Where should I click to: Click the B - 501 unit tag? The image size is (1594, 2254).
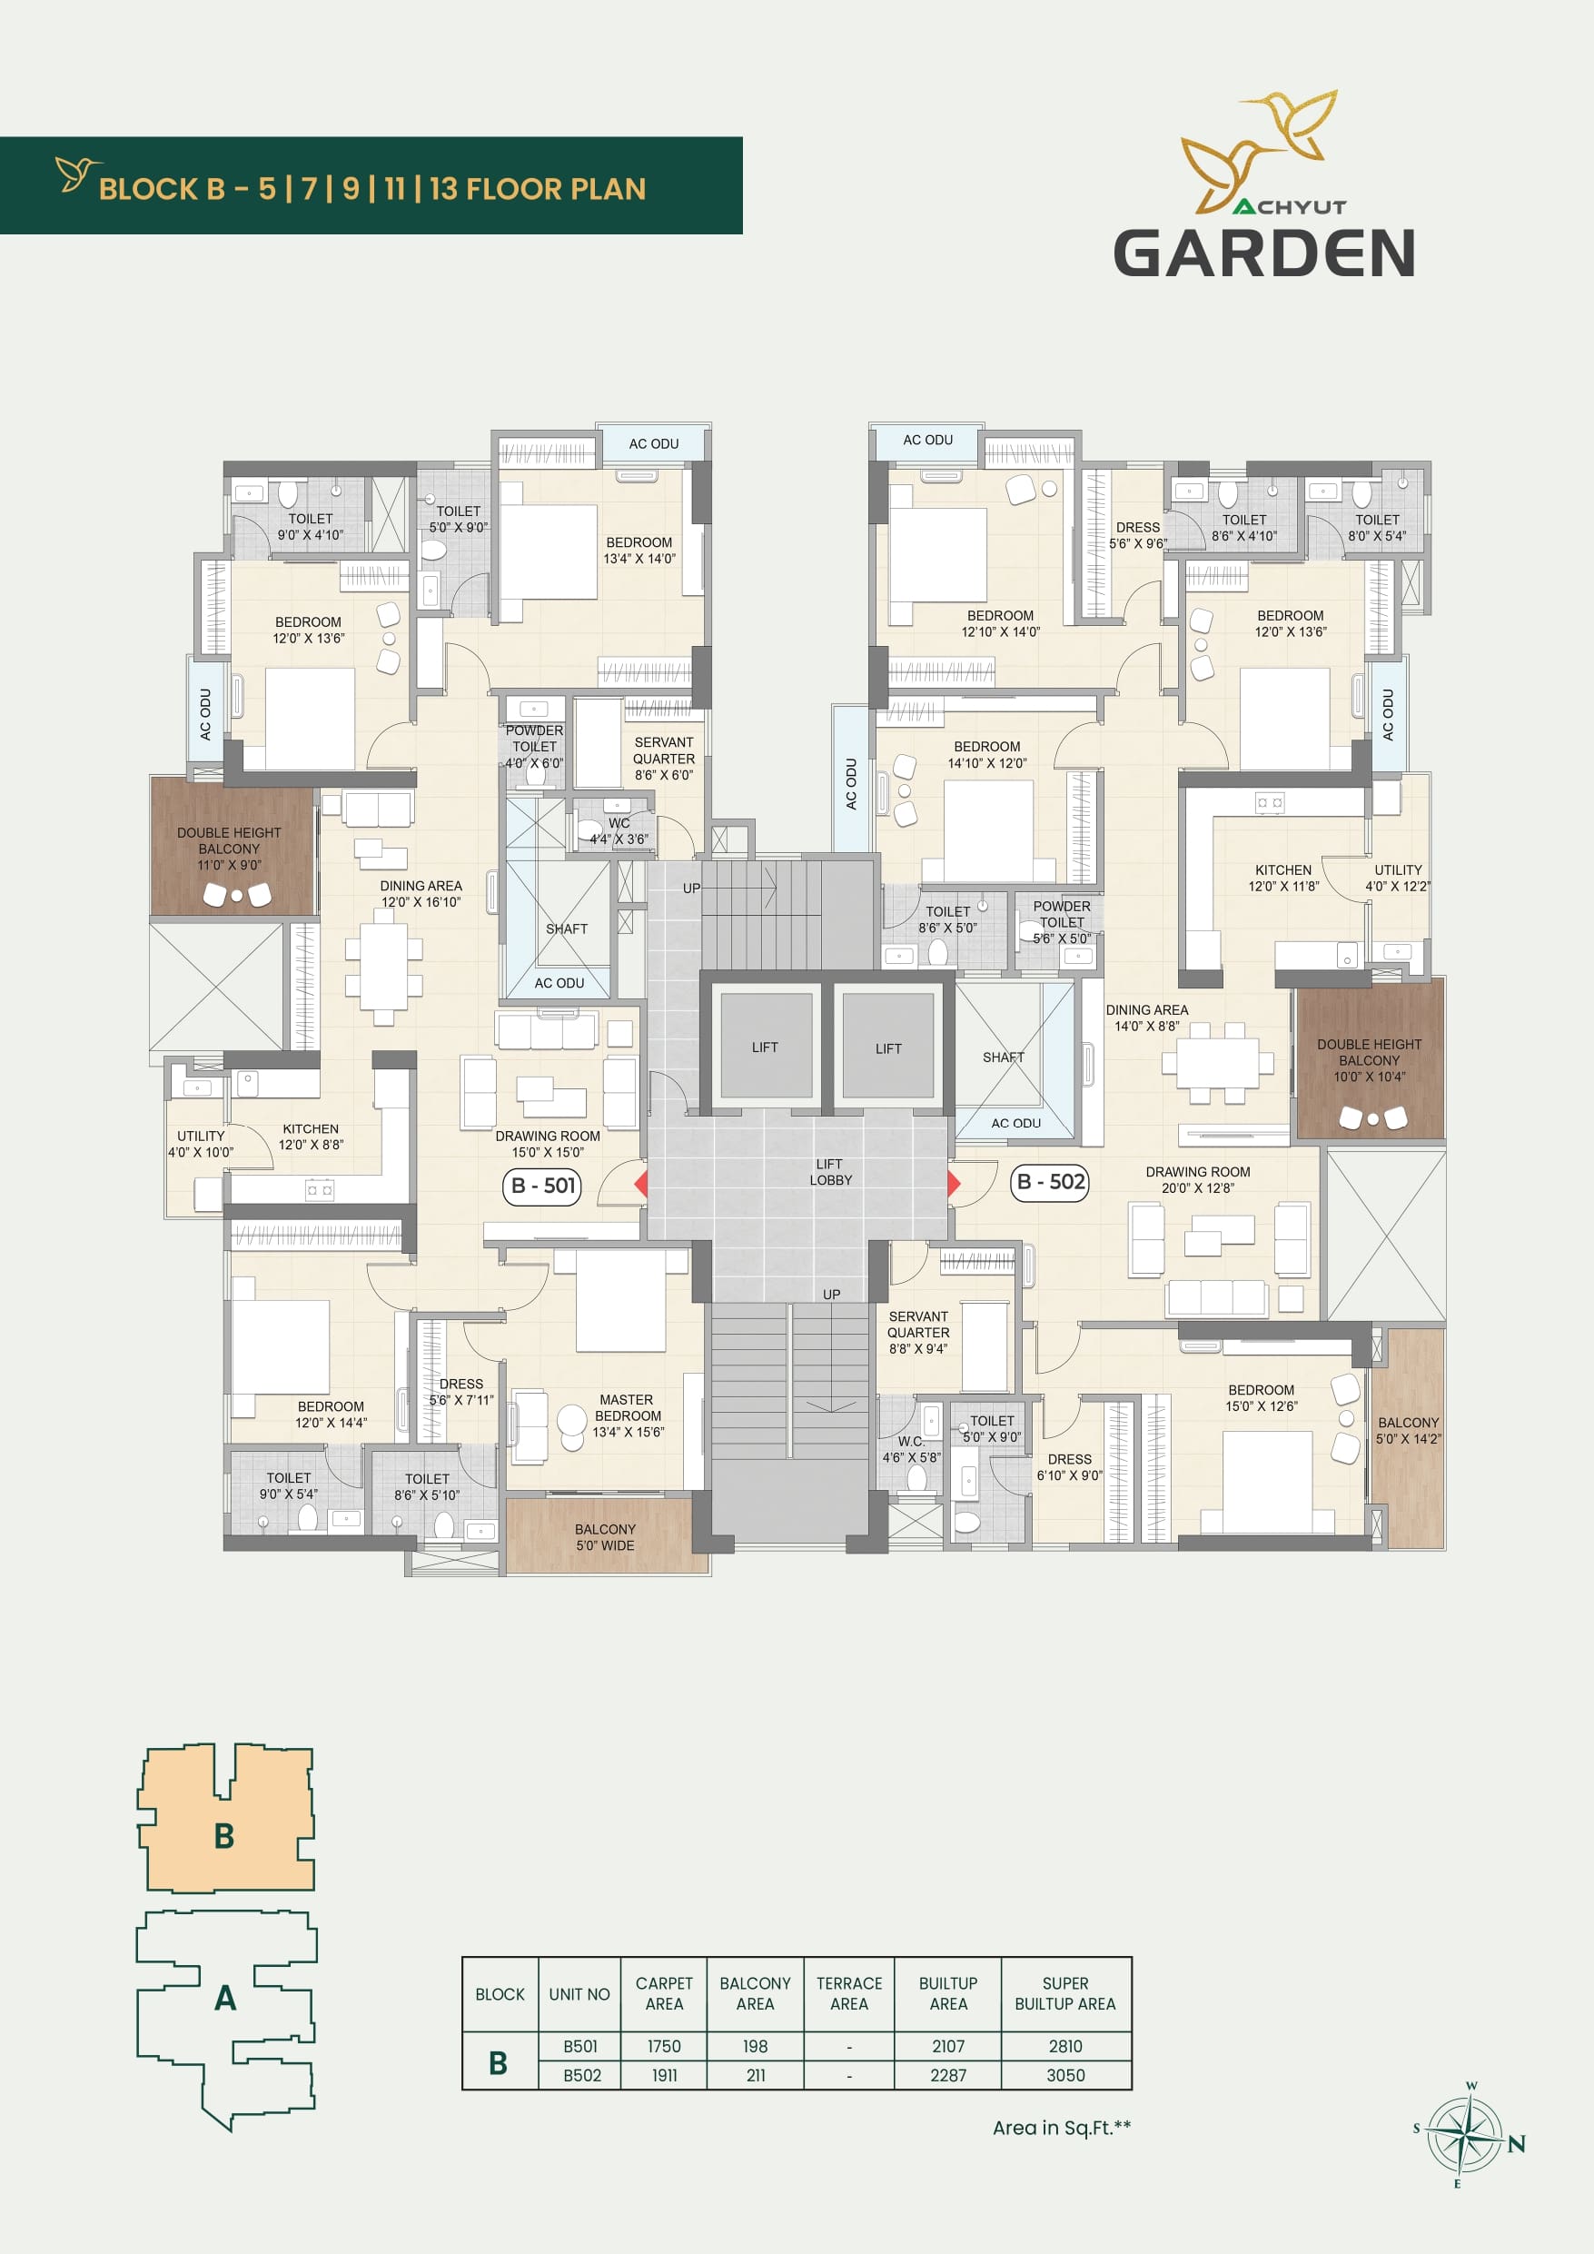point(544,1186)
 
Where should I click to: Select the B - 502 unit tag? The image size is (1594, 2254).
point(1050,1182)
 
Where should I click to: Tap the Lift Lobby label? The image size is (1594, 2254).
point(830,1172)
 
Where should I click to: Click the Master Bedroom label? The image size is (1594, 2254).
point(629,1415)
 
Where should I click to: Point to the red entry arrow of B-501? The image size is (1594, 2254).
point(641,1183)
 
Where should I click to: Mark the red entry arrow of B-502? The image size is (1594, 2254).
point(953,1183)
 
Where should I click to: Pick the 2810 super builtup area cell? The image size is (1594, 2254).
point(1065,2047)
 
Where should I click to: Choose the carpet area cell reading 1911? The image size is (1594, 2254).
point(665,2075)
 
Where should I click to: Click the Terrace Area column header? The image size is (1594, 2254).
point(849,1994)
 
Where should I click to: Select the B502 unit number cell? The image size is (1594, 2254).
point(581,2075)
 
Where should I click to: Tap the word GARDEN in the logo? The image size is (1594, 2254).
point(1264,253)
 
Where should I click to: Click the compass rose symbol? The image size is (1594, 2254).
point(1464,2135)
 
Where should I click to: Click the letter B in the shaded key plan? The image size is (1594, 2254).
point(223,1836)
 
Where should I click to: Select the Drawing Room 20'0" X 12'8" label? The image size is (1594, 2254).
point(1197,1180)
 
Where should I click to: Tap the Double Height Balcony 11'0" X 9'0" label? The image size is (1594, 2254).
point(229,849)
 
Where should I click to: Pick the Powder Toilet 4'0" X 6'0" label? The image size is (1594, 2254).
point(534,747)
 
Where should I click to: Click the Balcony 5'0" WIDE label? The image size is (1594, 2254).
point(605,1537)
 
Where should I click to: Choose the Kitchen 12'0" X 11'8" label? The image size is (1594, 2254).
point(1284,879)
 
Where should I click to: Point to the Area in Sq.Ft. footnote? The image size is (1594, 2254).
point(1062,2129)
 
